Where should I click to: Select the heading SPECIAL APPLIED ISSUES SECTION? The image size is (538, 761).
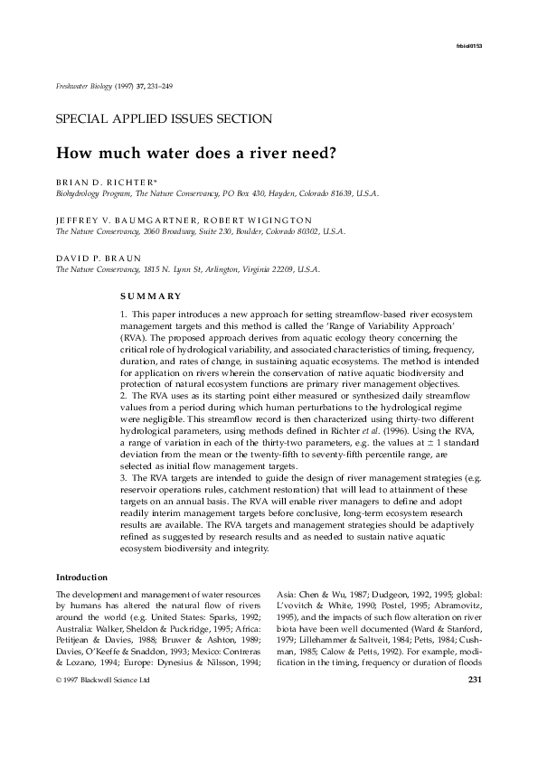coord(164,118)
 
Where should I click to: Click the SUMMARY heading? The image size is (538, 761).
coord(150,296)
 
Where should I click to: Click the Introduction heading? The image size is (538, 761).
coord(82,577)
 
